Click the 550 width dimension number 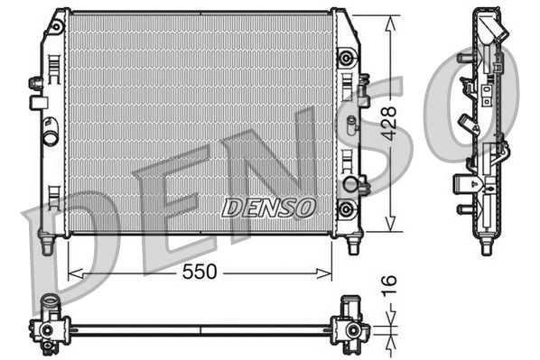pyautogui.click(x=199, y=272)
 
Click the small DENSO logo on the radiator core pyautogui.click(x=268, y=207)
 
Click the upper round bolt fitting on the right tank pyautogui.click(x=344, y=59)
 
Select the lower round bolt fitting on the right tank pyautogui.click(x=344, y=209)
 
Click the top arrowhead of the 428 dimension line pyautogui.click(x=390, y=19)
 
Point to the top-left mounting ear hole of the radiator pyautogui.click(x=56, y=27)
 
